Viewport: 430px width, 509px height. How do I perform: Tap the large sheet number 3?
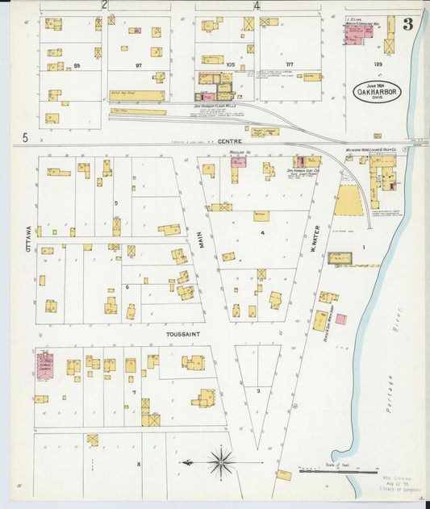(x=408, y=24)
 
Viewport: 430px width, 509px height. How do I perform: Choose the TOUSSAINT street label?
(x=182, y=332)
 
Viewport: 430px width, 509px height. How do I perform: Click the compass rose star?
(x=220, y=463)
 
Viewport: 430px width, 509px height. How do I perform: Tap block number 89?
(x=77, y=65)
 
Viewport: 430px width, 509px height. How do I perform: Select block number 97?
(x=139, y=65)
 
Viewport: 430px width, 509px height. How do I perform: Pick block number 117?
(x=289, y=65)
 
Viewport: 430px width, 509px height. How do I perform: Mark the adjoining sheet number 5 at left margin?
(x=25, y=138)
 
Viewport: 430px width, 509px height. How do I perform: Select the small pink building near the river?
(x=340, y=319)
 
